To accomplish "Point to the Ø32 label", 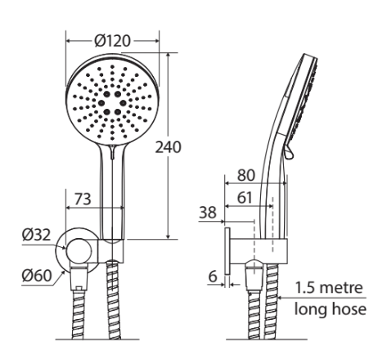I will (36, 235).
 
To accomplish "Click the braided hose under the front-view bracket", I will (113, 303).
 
